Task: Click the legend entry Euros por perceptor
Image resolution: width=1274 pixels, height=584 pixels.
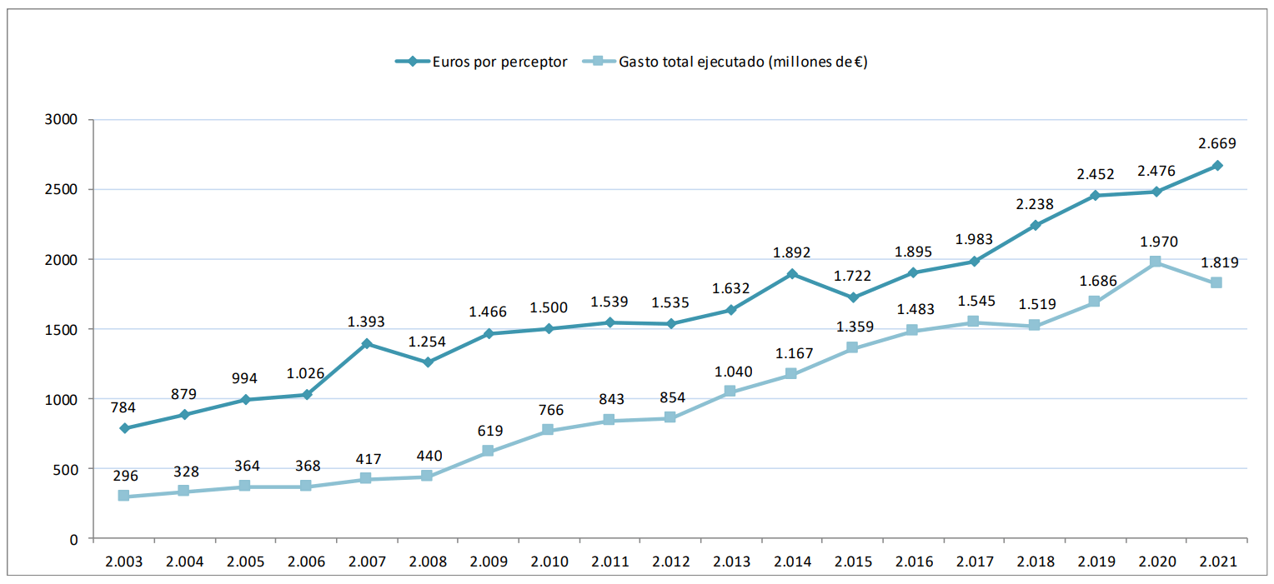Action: (x=499, y=62)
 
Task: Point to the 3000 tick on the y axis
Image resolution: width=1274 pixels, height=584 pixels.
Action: (x=63, y=119)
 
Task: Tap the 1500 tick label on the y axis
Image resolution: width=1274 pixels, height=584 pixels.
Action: (x=63, y=329)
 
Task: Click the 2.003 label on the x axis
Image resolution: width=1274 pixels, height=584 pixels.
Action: (x=124, y=562)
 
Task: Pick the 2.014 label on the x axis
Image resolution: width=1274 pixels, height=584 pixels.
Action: (x=791, y=562)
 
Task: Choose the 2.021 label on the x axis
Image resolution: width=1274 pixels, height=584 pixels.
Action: (x=1216, y=562)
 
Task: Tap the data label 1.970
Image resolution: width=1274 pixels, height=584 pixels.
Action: (x=1156, y=242)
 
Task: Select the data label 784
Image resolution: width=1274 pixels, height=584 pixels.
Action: (x=124, y=407)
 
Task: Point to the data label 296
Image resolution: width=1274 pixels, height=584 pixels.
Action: (x=124, y=476)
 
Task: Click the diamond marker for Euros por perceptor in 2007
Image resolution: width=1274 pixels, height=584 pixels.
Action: (x=367, y=343)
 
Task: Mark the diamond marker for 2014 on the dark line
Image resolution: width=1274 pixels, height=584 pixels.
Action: (x=791, y=274)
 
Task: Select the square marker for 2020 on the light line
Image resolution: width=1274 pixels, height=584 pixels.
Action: (x=1156, y=262)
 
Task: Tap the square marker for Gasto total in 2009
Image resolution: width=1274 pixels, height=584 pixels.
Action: (x=488, y=452)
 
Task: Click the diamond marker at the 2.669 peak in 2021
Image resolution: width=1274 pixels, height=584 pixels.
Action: (x=1216, y=166)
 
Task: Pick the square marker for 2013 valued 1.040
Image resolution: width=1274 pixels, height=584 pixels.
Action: (x=730, y=392)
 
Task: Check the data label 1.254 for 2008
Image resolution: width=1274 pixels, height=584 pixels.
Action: (x=428, y=342)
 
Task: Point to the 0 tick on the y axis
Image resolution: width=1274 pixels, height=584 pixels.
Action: (x=73, y=539)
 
